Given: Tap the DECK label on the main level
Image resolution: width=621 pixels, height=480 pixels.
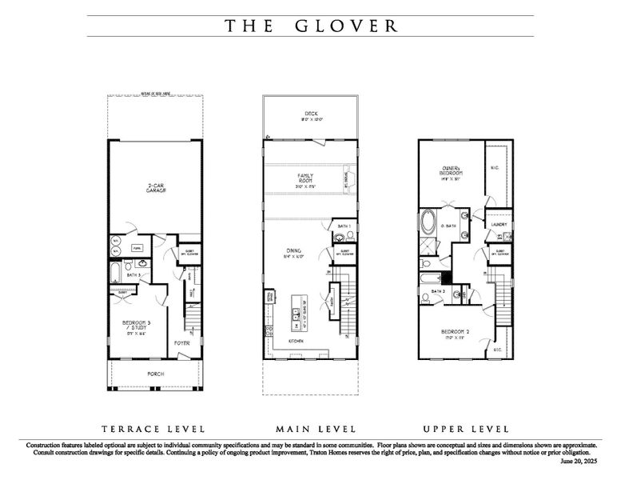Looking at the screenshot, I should tap(310, 116).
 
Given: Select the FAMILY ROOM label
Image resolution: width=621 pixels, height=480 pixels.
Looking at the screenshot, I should tap(305, 178).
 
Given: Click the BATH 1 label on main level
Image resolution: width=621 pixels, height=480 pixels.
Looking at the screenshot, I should tap(343, 227).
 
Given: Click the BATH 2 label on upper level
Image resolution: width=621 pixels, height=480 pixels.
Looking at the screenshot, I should tap(436, 291).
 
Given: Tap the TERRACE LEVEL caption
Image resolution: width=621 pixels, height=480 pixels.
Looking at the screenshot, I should tap(153, 429).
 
